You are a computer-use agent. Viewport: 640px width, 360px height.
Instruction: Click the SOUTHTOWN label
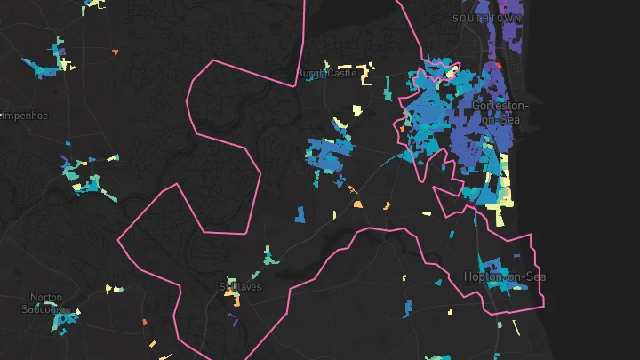(x=486, y=18)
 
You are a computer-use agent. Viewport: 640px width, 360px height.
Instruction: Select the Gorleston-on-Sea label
(x=500, y=112)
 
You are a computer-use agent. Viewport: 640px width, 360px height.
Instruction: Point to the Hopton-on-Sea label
(x=504, y=276)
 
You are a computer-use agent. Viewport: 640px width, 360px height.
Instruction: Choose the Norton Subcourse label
(x=46, y=303)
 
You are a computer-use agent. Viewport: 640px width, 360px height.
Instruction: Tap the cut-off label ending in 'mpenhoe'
(x=24, y=116)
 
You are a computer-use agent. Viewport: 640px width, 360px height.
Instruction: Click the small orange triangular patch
(x=115, y=52)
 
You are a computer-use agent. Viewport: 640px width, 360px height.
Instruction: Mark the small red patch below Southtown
(x=500, y=65)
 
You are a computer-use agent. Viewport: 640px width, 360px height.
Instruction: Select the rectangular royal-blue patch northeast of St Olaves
(x=300, y=214)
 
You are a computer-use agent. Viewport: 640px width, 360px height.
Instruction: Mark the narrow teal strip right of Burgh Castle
(x=388, y=84)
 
